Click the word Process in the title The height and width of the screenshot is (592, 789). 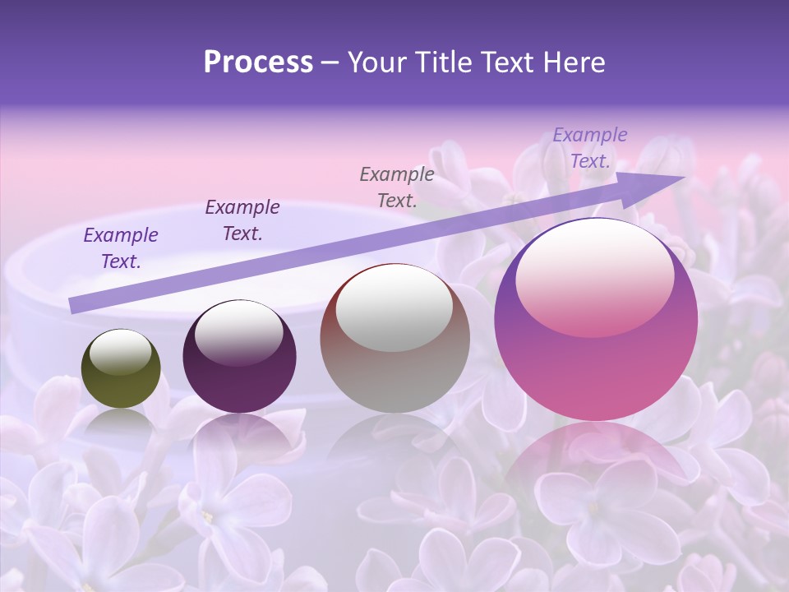coord(258,62)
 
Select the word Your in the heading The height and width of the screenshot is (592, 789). coord(378,62)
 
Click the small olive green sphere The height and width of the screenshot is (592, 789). coord(121,368)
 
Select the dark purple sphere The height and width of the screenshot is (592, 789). coord(239,357)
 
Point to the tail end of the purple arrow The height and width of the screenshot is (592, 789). coord(72,307)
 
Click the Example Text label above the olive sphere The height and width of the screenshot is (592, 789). coord(121,248)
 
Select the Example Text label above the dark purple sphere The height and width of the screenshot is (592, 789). coord(242,220)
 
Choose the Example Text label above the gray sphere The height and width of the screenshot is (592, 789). coord(397,187)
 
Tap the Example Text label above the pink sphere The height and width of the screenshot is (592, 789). coord(590,148)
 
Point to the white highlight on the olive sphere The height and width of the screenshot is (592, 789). coord(120,352)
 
